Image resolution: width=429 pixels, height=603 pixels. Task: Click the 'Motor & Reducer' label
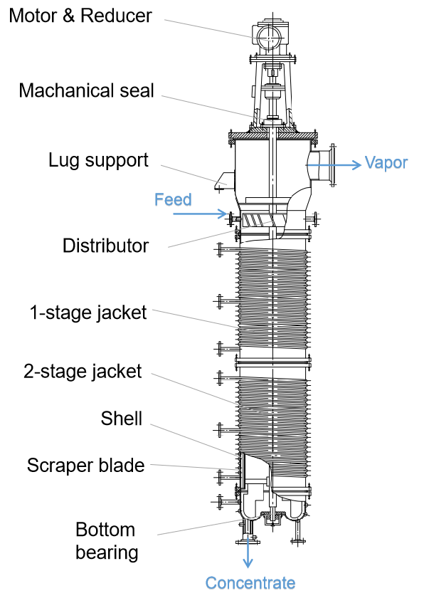[80, 15]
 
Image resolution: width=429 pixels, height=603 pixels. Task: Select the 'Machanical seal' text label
[86, 90]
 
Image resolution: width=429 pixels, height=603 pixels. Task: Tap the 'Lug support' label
[99, 159]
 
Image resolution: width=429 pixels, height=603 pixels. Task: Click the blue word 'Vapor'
[386, 162]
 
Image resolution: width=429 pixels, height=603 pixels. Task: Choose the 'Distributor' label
[105, 246]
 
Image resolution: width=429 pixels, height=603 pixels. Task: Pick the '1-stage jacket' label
[88, 312]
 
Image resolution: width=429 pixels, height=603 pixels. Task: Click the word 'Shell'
[121, 419]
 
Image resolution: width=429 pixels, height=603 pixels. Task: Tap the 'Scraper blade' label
[85, 466]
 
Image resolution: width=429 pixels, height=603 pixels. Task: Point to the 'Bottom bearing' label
[106, 541]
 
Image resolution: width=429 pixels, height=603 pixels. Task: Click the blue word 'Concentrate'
[250, 584]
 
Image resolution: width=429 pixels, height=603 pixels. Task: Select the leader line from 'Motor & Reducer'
[206, 26]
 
